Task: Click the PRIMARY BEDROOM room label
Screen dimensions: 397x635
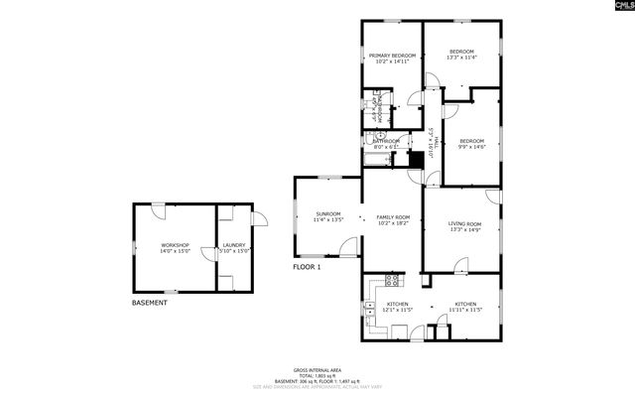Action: (391, 55)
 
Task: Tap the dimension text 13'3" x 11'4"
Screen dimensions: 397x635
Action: (461, 59)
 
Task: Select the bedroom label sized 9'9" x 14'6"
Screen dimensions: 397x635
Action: (471, 148)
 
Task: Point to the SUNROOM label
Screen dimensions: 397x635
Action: (327, 213)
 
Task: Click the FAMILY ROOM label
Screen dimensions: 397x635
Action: (392, 217)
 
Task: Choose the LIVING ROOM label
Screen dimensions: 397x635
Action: (465, 224)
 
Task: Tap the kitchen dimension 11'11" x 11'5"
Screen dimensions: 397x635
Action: (465, 311)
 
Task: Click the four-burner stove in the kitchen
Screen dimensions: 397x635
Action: (392, 280)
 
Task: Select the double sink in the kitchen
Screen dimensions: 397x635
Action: (369, 306)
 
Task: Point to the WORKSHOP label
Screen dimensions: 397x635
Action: (175, 245)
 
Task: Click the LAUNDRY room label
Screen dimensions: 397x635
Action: (234, 245)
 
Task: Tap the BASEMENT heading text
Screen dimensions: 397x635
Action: (150, 303)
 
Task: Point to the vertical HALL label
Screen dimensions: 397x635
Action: (432, 141)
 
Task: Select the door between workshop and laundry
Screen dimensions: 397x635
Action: (210, 254)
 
